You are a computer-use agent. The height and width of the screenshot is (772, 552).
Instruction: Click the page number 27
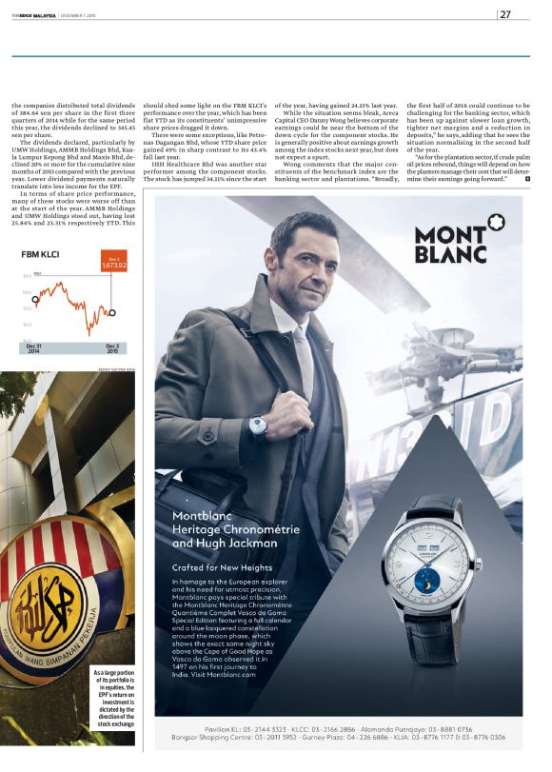(x=505, y=13)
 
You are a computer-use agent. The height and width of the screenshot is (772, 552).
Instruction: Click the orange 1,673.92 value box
(x=112, y=261)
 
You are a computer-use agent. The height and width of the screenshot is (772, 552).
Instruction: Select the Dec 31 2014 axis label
(x=33, y=348)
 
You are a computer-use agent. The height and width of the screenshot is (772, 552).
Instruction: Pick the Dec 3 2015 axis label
(x=112, y=348)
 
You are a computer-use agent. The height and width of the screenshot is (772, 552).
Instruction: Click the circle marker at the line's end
(x=113, y=311)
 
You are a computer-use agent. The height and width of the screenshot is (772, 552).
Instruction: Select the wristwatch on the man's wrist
(x=258, y=426)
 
